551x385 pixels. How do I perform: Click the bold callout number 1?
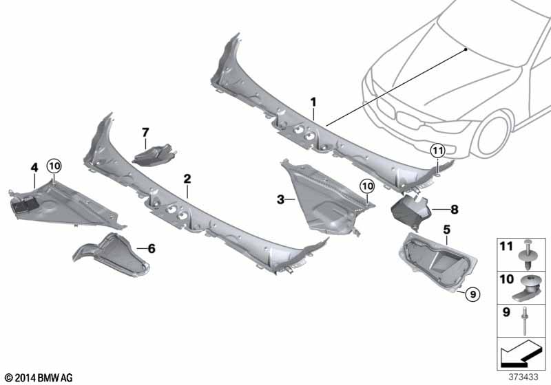coord(313,102)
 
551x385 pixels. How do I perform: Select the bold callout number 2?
coord(187,179)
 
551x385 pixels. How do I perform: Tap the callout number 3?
coord(280,199)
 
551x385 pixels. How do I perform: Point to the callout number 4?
coord(34,168)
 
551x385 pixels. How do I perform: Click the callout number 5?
coord(446,230)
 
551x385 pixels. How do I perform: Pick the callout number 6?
coord(152,249)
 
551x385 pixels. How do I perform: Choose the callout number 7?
coord(145,133)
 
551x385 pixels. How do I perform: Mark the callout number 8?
coord(455,210)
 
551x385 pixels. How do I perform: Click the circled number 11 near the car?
coord(437,151)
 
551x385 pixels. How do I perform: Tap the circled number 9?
coord(472,294)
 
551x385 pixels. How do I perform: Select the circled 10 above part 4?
coord(54,166)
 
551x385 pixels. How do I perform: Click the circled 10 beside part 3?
coord(367,186)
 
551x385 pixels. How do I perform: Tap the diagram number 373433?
coord(523,377)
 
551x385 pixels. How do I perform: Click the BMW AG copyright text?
coord(39,377)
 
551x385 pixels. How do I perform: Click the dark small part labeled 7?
coord(153,155)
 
